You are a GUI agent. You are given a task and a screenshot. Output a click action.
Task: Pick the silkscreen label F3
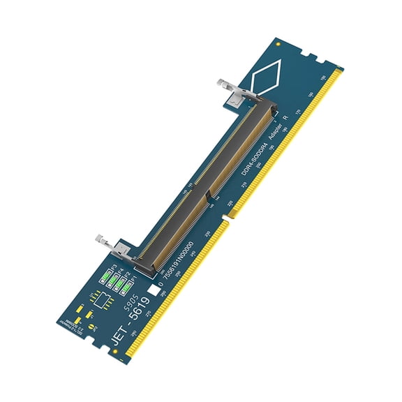(x=114, y=266)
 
